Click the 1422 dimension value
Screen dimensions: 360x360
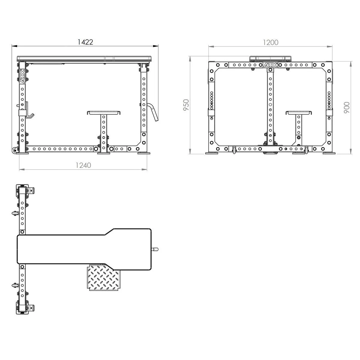click(x=85, y=42)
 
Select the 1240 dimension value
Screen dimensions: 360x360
click(x=83, y=165)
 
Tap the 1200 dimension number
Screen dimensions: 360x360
click(x=271, y=43)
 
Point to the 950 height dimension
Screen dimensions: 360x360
click(x=186, y=105)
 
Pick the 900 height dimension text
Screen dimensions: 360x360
click(x=346, y=107)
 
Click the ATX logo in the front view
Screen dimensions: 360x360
click(x=270, y=65)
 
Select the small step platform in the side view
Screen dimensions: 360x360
click(x=104, y=113)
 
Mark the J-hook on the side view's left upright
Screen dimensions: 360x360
click(x=29, y=111)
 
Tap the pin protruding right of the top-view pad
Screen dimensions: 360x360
click(x=155, y=249)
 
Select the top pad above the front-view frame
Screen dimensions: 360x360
click(x=270, y=58)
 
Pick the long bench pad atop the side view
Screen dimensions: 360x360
click(x=84, y=58)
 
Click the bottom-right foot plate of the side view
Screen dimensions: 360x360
click(x=143, y=153)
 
